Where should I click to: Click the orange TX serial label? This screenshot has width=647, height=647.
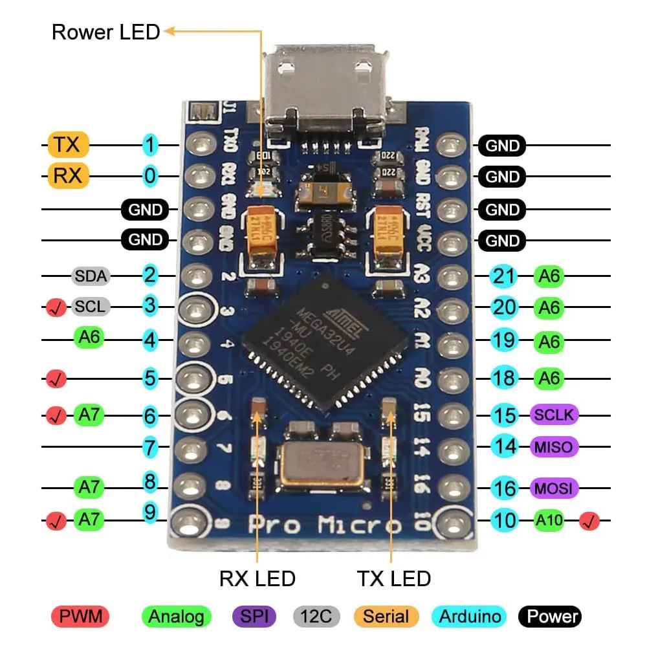pos(67,145)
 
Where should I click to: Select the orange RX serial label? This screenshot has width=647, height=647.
pos(67,175)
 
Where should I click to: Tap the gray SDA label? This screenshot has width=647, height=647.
pos(91,276)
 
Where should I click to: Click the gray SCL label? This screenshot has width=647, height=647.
pos(90,306)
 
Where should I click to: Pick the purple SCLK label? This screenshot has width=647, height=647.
pos(554,415)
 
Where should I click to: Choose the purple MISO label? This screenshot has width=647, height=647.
pos(554,446)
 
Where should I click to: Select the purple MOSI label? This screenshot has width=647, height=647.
pos(554,488)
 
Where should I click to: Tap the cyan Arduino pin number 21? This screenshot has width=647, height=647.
pos(504,276)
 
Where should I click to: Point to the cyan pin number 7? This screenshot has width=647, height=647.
pos(150,446)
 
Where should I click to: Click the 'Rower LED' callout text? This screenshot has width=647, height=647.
pos(106,32)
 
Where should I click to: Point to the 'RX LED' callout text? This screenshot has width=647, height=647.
pos(258,578)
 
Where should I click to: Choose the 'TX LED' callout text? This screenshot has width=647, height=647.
pos(394,578)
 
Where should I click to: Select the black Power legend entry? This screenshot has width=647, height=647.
pos(550,616)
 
